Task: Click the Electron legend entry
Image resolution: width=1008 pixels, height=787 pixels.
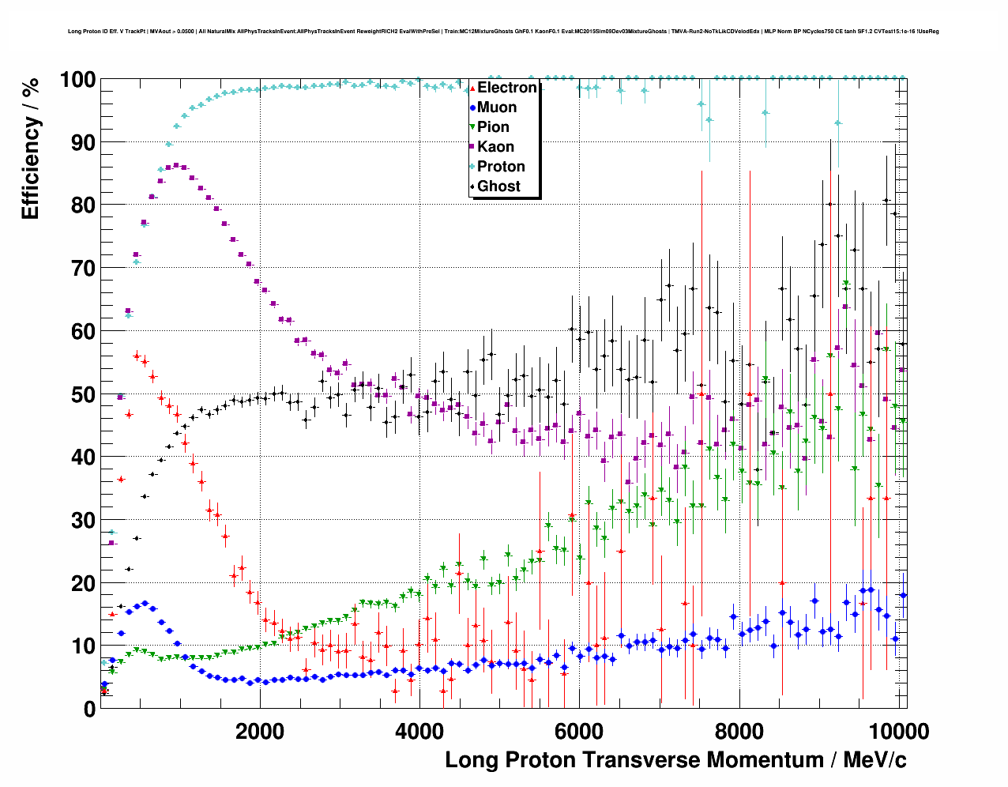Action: pos(506,88)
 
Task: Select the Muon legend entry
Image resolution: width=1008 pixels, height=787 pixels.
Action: pos(497,107)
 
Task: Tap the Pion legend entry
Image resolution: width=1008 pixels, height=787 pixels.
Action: pos(493,127)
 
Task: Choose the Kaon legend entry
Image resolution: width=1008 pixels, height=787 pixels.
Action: pos(495,147)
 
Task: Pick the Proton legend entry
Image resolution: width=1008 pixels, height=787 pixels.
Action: pos(501,167)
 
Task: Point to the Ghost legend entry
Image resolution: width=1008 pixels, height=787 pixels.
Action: pos(498,186)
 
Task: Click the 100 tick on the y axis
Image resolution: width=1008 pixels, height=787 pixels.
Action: pos(78,80)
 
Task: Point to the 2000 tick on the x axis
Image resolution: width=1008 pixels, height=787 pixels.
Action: pos(260,731)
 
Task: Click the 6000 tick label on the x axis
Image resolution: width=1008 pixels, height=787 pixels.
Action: pos(579,731)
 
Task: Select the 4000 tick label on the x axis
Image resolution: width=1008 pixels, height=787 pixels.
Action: pos(419,731)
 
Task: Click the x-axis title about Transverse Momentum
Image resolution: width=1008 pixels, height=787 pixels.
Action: pos(675,760)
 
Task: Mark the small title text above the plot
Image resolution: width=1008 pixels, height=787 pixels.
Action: pos(503,32)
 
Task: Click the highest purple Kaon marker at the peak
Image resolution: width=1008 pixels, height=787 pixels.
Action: pos(175,165)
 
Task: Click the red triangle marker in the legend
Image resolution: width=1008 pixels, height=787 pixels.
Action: pos(472,88)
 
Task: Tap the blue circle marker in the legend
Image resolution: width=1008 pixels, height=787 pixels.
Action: pos(472,107)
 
